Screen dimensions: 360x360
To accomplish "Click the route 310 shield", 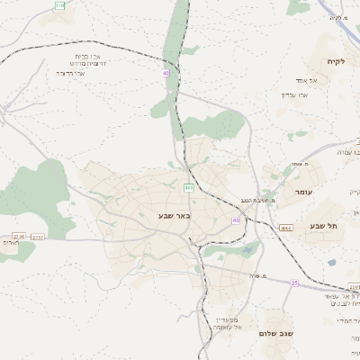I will (x=59, y=5).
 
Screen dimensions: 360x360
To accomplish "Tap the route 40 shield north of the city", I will (x=166, y=73).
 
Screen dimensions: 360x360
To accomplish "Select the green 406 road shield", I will (x=189, y=187).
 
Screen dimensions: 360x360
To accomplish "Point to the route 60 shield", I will (x=236, y=220).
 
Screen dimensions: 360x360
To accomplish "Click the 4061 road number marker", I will (x=285, y=229).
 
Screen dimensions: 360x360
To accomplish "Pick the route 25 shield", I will (x=294, y=283).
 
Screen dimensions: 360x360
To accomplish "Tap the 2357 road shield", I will (x=38, y=237).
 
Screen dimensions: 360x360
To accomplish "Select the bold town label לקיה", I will (x=335, y=60).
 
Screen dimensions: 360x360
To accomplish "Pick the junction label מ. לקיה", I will (x=337, y=17).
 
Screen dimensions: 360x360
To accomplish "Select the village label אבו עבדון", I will (x=295, y=94).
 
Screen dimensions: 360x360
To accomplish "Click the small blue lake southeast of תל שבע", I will (x=331, y=263).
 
